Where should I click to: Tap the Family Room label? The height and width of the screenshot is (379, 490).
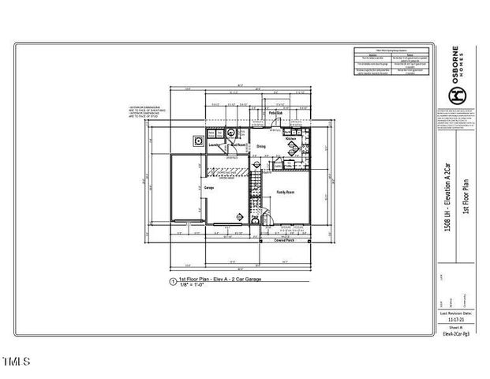tap(285, 193)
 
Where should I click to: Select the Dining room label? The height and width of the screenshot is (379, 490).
tap(260, 146)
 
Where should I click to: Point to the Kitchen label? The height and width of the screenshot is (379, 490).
tap(290, 139)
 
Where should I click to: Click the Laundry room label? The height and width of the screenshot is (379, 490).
tap(213, 144)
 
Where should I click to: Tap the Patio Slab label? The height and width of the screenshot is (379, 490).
tap(274, 114)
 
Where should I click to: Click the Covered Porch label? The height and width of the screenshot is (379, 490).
tap(284, 242)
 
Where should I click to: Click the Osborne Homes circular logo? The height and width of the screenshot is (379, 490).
tap(455, 95)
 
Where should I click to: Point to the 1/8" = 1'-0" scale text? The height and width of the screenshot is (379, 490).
tap(193, 286)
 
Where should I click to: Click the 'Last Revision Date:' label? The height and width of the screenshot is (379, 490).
tap(457, 314)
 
